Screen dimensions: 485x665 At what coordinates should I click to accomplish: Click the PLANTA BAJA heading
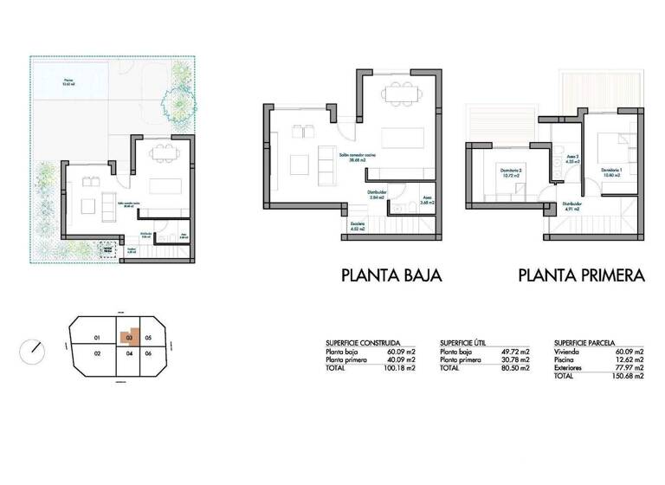[391, 276]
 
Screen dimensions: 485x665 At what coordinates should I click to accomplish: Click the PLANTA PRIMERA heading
[581, 276]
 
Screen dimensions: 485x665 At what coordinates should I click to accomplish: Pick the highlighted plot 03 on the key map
[129, 337]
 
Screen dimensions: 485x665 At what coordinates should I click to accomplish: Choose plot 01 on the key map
[98, 337]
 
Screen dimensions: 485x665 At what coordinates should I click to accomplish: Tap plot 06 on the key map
[148, 353]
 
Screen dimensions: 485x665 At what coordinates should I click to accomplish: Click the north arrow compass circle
[33, 352]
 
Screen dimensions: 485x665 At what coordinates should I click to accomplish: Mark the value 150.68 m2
[627, 377]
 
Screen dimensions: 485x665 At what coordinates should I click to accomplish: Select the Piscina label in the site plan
[68, 83]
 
